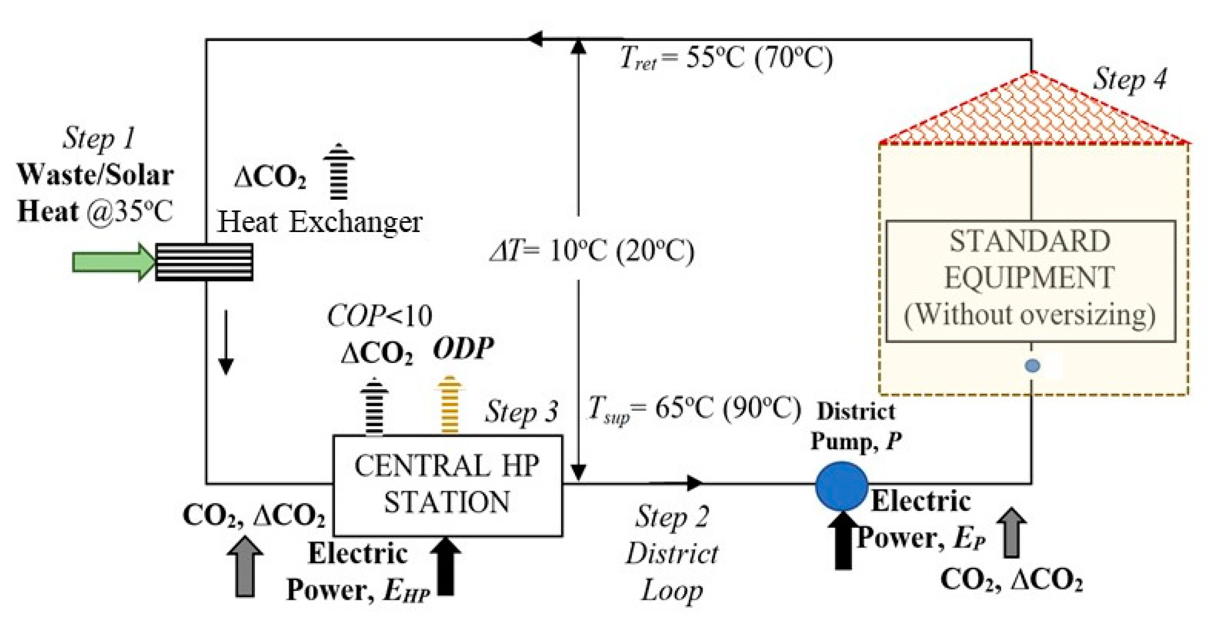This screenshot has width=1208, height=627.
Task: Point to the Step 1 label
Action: [98, 139]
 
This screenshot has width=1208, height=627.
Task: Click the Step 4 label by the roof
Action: [1129, 79]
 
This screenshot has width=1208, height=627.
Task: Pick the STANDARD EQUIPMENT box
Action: [1030, 280]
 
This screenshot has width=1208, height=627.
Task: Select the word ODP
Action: [463, 348]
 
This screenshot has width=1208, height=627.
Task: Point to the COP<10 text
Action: [379, 316]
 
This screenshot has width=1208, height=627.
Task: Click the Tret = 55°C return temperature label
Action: [725, 59]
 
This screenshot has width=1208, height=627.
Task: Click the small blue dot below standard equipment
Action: [1032, 366]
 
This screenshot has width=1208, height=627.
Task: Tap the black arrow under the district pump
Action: [842, 540]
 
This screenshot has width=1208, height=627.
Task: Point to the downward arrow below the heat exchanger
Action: [226, 341]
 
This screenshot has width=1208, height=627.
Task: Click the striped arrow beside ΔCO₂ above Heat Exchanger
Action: [339, 172]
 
